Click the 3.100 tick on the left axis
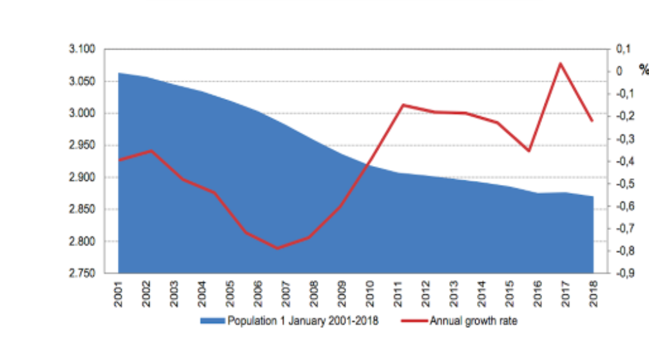pos(83,50)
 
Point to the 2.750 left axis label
pos(83,274)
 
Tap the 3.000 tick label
pos(83,113)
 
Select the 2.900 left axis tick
pos(83,178)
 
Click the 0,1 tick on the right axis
pos(623,50)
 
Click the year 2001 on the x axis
pos(119,294)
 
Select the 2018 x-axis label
pos(593,294)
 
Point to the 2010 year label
pos(370,294)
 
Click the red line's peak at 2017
pos(561,63)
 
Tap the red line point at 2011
pos(402,104)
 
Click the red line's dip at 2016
pos(530,151)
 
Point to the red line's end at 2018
pos(592,120)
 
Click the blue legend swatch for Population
pos(212,321)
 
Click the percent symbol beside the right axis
pos(643,69)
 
